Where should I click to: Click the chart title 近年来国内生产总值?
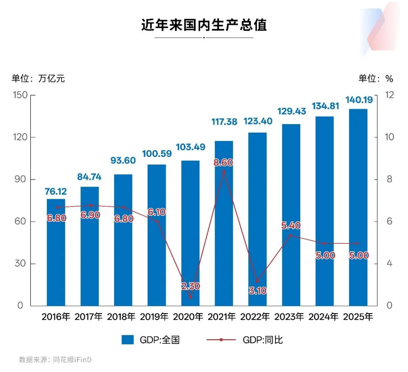point(204,25)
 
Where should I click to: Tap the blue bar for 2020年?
point(190,234)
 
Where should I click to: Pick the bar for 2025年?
point(358,208)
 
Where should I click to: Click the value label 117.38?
point(224,121)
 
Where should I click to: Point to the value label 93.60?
point(123,160)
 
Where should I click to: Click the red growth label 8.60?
point(224,163)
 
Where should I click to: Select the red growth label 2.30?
point(190,286)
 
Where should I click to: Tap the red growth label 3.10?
point(257,291)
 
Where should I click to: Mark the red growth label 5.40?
point(291,226)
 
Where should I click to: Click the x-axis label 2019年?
point(156,317)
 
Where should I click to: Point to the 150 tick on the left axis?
point(20,95)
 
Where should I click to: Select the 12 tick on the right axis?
point(389,95)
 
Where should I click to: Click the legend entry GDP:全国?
point(150,340)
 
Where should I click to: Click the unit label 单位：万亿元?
point(38,78)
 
